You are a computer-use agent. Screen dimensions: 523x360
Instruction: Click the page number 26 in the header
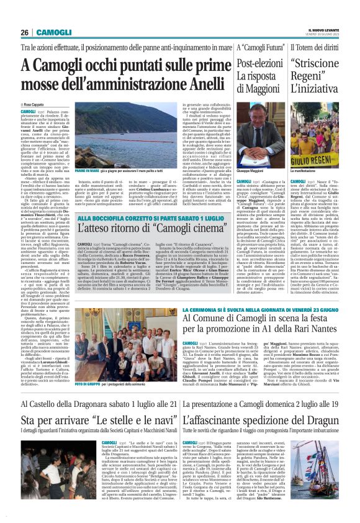(x=25, y=32)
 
